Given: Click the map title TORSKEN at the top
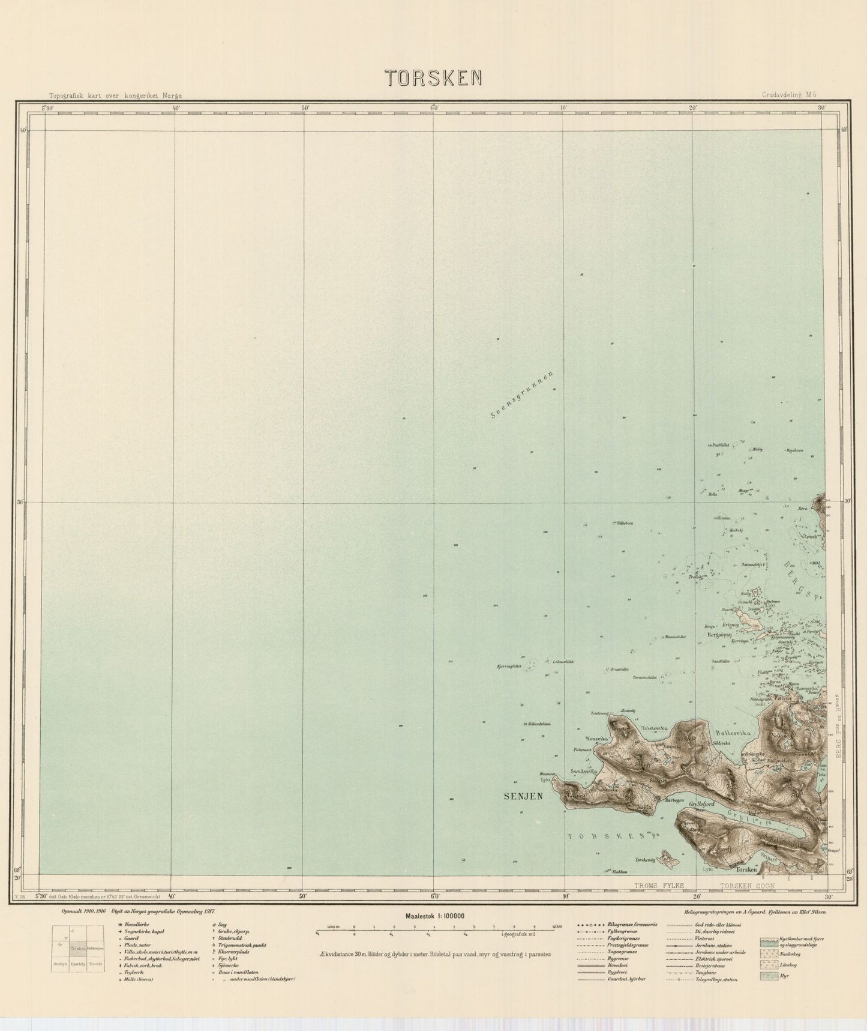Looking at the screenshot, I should (x=434, y=77).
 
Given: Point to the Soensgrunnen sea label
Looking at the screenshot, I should (x=520, y=396).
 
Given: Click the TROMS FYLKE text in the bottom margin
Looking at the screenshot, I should (x=659, y=885).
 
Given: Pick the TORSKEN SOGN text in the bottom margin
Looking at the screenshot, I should (x=748, y=885).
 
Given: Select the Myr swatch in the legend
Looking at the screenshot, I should (x=770, y=977).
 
